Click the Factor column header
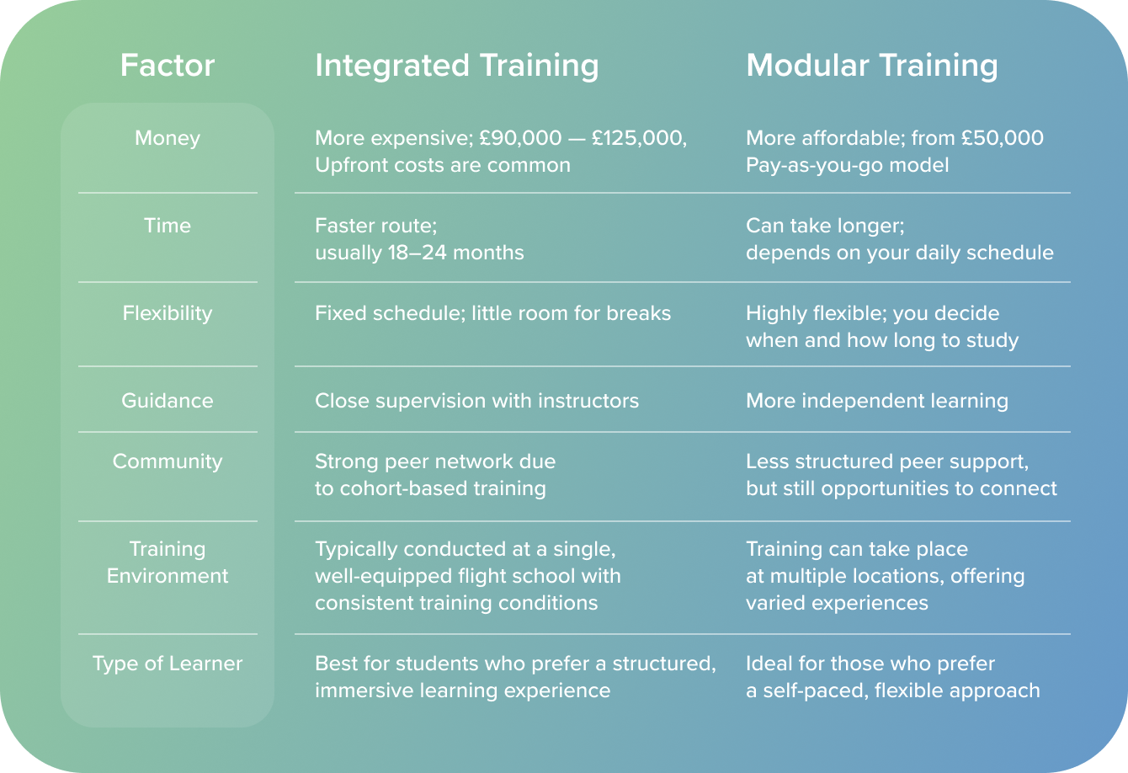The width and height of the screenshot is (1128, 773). coord(167,66)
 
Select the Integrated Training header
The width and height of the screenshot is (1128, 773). coord(456,66)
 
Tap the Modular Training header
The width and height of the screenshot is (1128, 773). coord(871,66)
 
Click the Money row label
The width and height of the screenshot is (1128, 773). coord(167,138)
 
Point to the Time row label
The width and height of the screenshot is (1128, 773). coord(167,226)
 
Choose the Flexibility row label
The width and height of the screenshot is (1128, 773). coord(167,313)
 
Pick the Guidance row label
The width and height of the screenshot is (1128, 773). coord(167,401)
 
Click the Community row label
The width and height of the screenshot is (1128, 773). coord(167,461)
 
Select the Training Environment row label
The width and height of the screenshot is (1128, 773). coord(167,562)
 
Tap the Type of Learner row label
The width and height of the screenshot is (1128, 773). coord(167,664)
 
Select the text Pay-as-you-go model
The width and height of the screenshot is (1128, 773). coord(847,165)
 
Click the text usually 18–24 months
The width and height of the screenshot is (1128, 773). coord(419,253)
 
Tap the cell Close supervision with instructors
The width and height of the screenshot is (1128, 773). coord(476,401)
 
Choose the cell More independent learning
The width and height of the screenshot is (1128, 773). coord(876,401)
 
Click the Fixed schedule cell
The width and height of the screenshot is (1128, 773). coord(492,313)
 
